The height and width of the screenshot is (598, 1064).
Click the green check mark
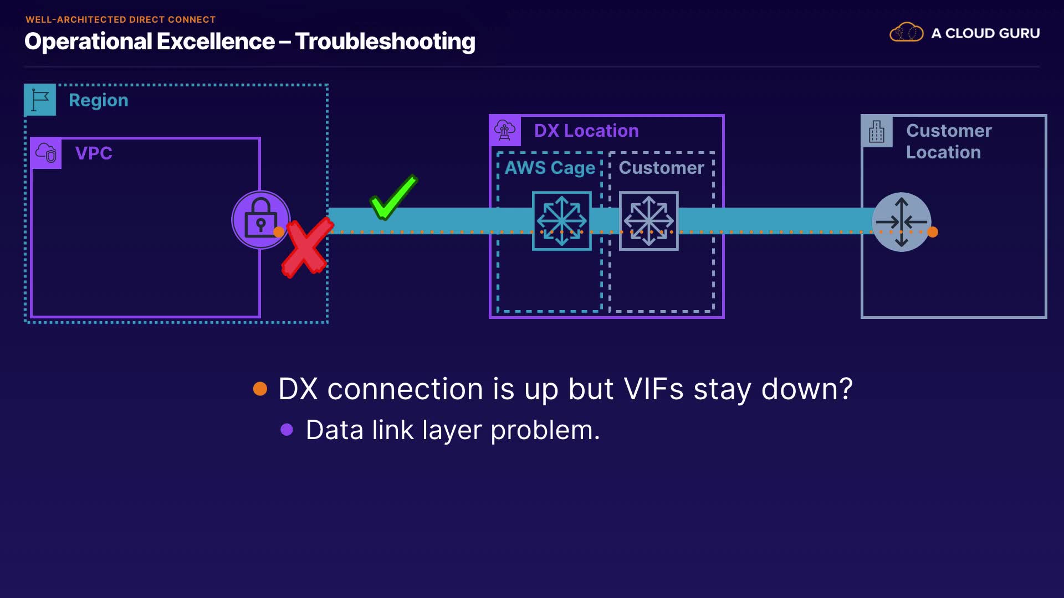(x=394, y=197)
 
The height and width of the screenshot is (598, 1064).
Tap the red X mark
(x=308, y=247)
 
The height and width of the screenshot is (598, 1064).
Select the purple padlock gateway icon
(x=260, y=220)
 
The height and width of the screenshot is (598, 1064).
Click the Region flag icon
(x=40, y=100)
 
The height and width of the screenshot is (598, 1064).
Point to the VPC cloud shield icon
(x=46, y=153)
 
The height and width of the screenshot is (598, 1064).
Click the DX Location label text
(x=586, y=131)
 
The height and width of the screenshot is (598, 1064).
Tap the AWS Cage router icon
(x=562, y=221)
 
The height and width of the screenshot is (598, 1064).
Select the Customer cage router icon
(x=649, y=221)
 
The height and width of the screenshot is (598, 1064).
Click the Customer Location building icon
(x=877, y=131)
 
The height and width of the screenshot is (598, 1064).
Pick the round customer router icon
(x=902, y=222)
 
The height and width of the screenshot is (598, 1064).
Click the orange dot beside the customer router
(x=933, y=232)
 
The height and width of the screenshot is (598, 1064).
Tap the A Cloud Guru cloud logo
(x=907, y=33)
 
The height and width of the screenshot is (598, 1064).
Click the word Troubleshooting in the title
(x=385, y=42)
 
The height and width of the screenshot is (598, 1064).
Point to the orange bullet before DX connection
(x=260, y=389)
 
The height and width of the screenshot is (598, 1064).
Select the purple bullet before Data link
(x=287, y=430)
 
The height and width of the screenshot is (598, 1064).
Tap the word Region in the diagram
(x=99, y=100)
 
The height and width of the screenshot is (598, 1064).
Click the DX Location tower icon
(x=505, y=131)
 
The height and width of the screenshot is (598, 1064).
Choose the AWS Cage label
(x=550, y=168)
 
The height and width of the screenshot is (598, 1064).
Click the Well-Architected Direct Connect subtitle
(x=121, y=19)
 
